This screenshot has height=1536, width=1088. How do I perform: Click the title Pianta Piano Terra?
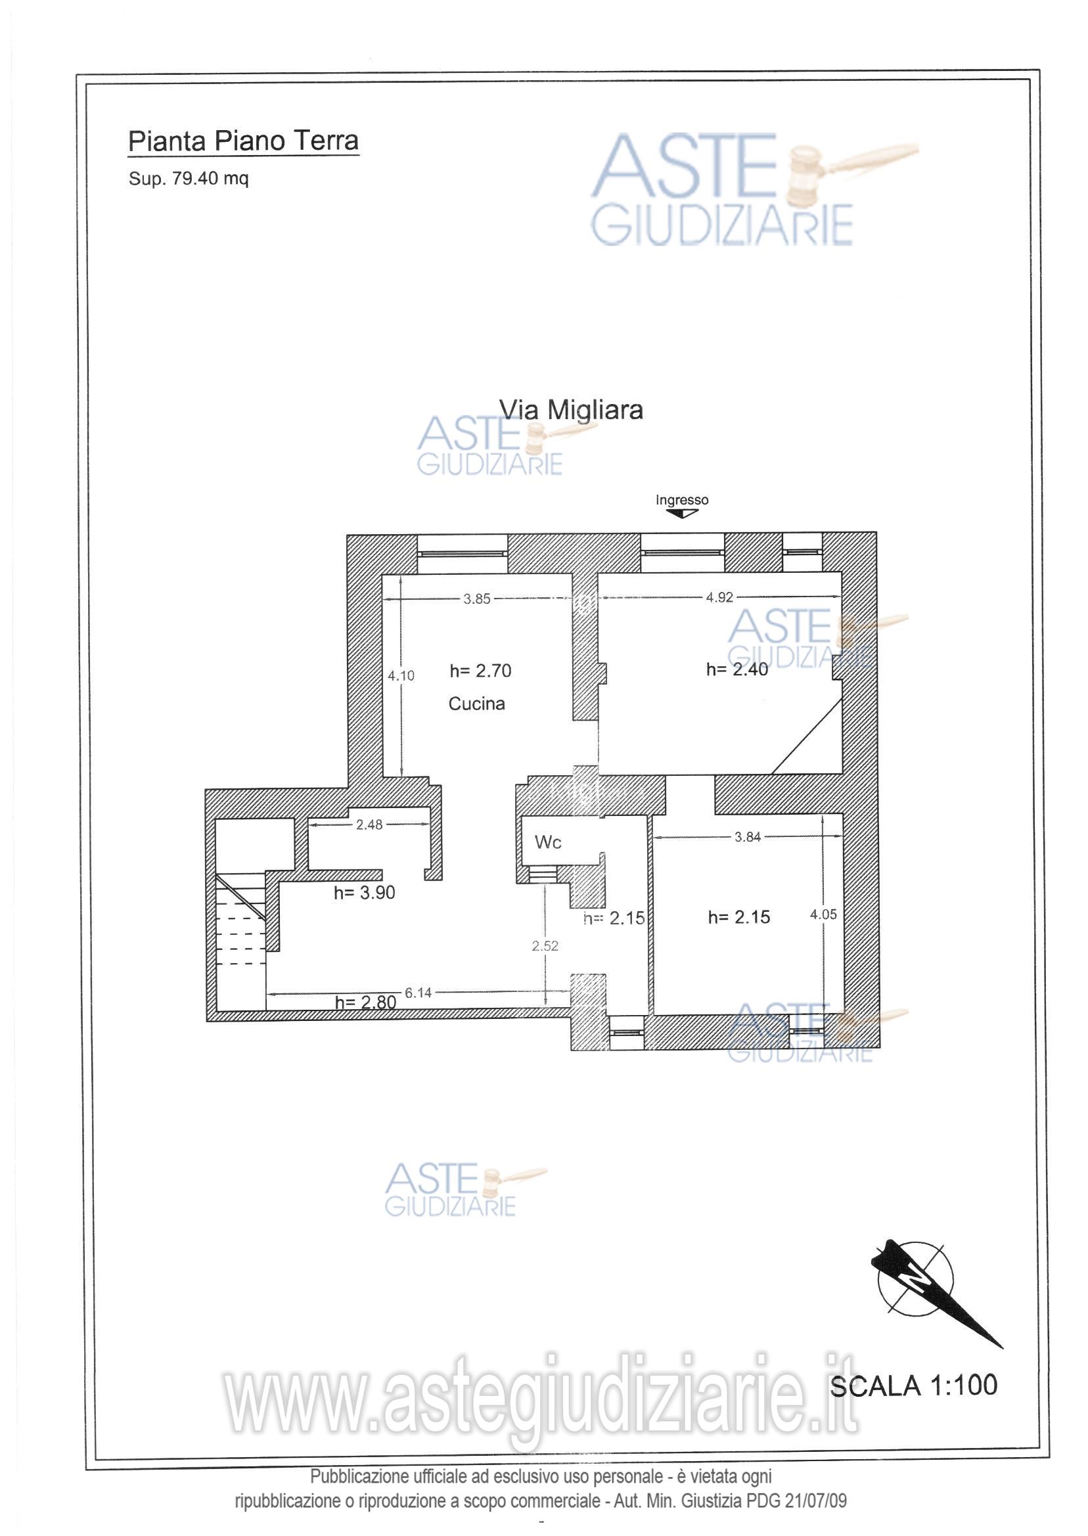[x=243, y=141]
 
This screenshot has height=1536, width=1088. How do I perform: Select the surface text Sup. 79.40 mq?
[x=189, y=179]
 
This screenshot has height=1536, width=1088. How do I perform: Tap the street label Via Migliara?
[x=571, y=409]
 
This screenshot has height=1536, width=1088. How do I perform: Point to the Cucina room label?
[x=476, y=704]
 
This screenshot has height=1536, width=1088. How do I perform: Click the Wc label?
[x=547, y=842]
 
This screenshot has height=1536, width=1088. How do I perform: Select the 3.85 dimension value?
[x=477, y=599]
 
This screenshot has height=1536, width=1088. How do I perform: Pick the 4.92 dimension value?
[x=719, y=598]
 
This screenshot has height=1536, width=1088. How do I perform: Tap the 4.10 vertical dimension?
[x=401, y=675]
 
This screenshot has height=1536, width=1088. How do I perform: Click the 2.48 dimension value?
[x=369, y=824]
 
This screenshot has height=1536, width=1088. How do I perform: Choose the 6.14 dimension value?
[x=418, y=993]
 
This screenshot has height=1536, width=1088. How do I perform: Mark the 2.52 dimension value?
[x=545, y=946]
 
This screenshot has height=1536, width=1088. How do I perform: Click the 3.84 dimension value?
[x=748, y=837]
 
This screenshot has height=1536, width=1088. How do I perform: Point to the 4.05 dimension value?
[x=823, y=915]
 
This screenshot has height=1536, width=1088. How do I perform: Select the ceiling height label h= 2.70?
[x=480, y=671]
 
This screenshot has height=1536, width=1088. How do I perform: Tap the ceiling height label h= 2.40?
[x=737, y=669]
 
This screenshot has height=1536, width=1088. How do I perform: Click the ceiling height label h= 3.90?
[x=365, y=892]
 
